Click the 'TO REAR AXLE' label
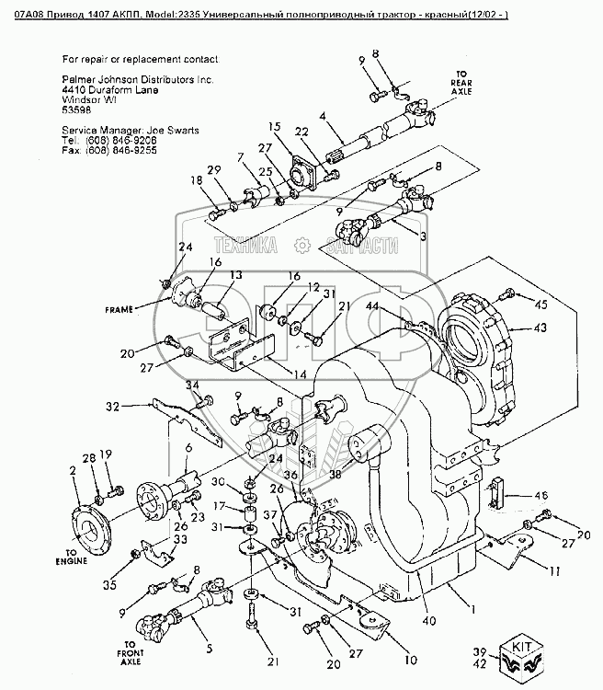pos(463,84)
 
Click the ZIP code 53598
pos(76,109)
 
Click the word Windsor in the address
pos(79,100)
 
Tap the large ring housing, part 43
pos(478,347)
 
